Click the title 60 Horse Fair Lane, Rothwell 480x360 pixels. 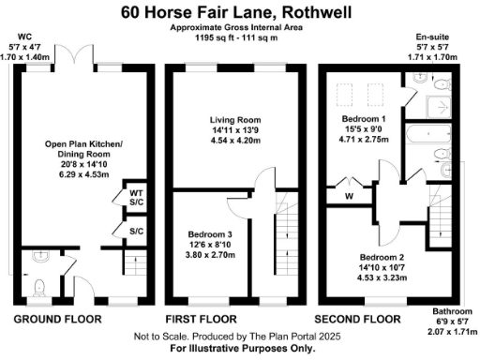click(240, 13)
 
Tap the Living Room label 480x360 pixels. click(235, 118)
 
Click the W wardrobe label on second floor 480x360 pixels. click(349, 196)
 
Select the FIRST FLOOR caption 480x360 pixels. click(200, 319)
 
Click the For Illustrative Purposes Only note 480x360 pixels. click(240, 347)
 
